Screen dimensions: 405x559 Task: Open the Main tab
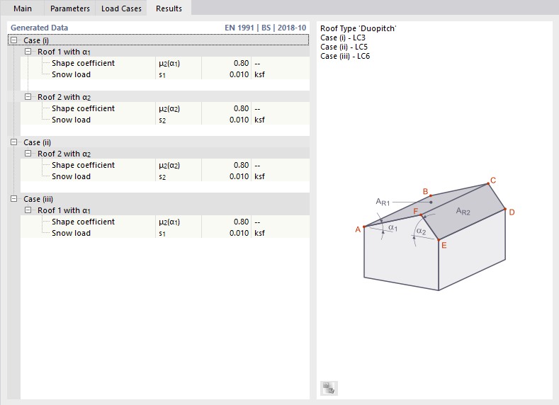pos(23,8)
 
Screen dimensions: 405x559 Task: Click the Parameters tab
pos(69,8)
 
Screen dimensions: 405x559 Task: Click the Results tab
pos(169,8)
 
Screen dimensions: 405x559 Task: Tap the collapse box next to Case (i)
pos(14,41)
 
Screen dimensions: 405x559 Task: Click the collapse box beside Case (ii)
pos(14,142)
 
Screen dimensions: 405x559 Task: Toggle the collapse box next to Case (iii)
pos(14,199)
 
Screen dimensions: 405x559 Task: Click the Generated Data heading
pos(40,28)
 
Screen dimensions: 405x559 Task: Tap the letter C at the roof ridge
pos(493,180)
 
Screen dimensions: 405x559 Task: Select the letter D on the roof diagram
pos(512,212)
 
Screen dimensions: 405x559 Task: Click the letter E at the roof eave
pos(444,246)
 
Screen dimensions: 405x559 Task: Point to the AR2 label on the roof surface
pos(463,211)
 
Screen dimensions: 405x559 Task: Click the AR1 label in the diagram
pos(383,202)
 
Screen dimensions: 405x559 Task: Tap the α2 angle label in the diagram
pos(421,231)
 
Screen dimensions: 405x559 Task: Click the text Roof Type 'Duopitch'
pos(358,28)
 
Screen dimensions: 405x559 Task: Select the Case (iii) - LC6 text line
pos(345,56)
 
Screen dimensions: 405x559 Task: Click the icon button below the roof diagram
pos(329,387)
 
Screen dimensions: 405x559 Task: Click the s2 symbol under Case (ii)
pos(162,176)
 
